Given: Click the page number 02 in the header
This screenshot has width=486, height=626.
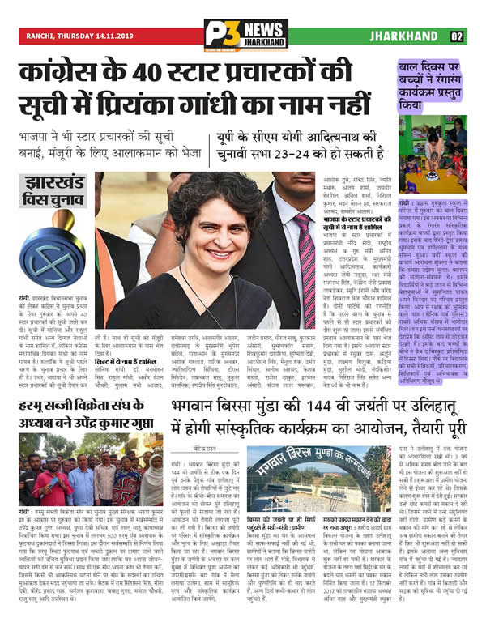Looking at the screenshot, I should coord(457,36).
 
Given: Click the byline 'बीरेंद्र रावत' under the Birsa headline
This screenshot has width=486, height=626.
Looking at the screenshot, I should coord(206,445).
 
